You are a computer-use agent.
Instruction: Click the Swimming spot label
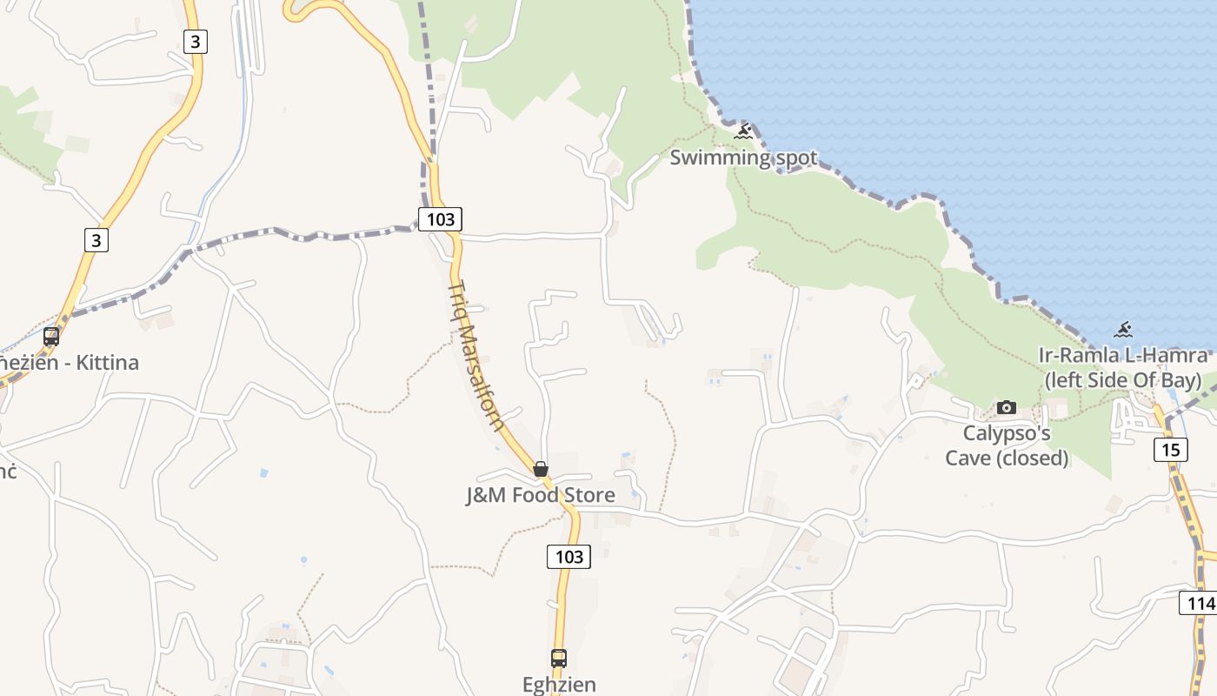pos(743,157)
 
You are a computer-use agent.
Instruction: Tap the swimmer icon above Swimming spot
pos(743,132)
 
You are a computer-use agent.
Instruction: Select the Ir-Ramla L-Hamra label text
pos(1123,355)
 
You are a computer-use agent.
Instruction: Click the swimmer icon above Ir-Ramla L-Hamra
pos(1123,330)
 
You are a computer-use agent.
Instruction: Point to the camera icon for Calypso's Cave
pos(1007,407)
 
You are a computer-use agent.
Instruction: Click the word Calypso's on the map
pos(1007,433)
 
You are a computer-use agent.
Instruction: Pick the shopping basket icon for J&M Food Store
pos(541,470)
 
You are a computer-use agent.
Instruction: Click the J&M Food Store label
pos(541,495)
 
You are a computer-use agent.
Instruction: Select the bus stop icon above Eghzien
pos(559,659)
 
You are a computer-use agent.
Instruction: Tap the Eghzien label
pos(559,684)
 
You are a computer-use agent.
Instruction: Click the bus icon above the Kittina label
pos(51,337)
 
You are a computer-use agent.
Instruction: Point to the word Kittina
pos(105,362)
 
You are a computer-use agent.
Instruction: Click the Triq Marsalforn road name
pos(476,357)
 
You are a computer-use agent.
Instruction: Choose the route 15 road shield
pos(1171,450)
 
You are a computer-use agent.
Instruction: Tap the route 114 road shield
pos(1199,603)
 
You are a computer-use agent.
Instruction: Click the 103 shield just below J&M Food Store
pos(569,556)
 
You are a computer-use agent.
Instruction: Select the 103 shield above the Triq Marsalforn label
pos(440,219)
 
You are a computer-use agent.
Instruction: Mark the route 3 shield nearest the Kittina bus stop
pos(96,239)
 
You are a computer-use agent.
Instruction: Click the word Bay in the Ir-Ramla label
pos(1180,380)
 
